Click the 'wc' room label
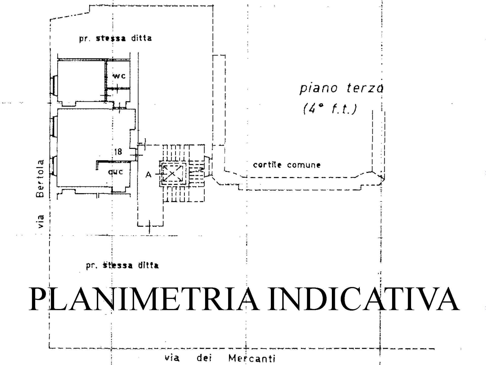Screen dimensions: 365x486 tap(119, 76)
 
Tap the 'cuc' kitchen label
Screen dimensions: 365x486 tap(116, 172)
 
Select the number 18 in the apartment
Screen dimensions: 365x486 tap(118, 152)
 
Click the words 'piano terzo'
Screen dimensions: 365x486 tap(341, 88)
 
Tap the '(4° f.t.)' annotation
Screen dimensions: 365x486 tap(330, 109)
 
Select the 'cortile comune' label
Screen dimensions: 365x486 tap(287, 165)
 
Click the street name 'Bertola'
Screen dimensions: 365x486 tap(40, 178)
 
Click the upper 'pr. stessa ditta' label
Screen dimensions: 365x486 tap(115, 39)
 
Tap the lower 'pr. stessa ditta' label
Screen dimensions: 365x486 tap(122, 266)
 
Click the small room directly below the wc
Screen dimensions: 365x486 tap(118, 95)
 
